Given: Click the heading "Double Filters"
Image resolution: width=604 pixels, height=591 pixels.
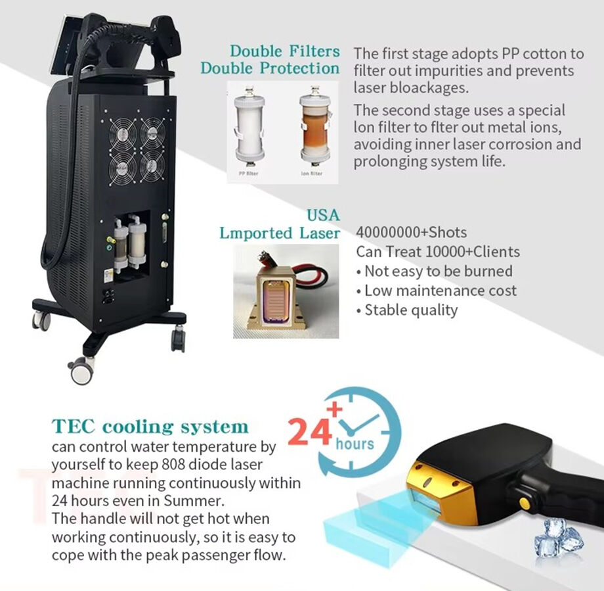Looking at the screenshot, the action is [285, 51].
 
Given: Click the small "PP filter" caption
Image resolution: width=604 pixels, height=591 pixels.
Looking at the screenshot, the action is [248, 174].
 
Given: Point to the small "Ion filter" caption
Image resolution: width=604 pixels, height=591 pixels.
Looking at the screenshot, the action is [312, 174].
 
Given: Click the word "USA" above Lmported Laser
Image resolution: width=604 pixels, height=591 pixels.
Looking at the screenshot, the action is [324, 215].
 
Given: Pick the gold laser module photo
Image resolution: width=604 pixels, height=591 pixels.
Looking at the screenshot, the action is [286, 291].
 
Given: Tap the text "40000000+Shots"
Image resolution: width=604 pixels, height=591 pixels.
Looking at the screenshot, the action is [411, 232].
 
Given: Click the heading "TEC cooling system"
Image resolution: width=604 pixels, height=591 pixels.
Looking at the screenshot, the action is [150, 427].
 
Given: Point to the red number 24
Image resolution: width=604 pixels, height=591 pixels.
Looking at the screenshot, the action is [309, 433].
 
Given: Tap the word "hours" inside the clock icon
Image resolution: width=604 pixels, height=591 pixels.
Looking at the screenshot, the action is [355, 444].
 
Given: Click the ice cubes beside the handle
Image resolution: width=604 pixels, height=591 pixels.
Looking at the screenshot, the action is [559, 538].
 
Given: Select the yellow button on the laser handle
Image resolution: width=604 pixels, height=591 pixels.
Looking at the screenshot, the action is [524, 502].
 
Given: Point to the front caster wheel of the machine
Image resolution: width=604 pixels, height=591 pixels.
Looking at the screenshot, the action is [81, 370].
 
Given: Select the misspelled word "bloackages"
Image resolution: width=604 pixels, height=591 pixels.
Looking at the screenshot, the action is [429, 87].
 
